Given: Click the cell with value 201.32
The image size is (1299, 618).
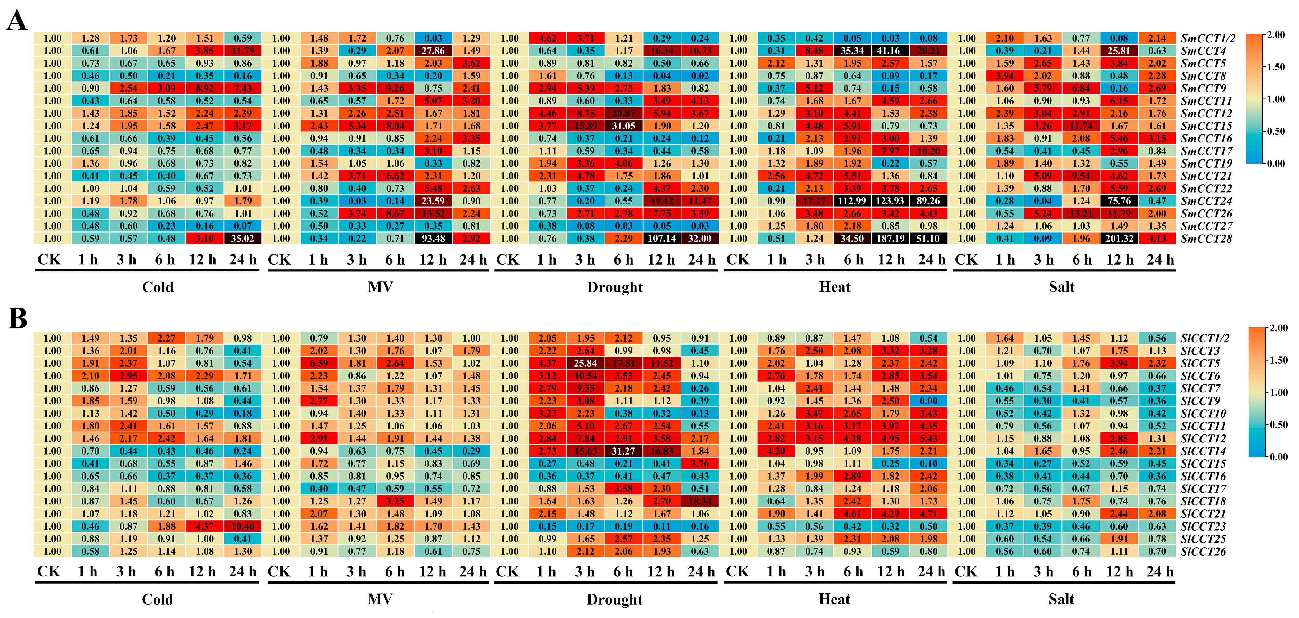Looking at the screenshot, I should pos(1119,239).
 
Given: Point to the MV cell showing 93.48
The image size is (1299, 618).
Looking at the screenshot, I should pos(433,239).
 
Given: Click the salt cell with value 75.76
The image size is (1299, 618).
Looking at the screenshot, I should pos(1119,201).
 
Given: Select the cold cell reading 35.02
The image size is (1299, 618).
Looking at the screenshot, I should pos(243,239).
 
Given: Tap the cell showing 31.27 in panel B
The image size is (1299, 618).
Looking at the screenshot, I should pos(624,451).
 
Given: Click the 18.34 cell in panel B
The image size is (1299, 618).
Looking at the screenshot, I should pos(700,501).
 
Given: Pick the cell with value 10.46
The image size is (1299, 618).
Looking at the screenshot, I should pos(243,526).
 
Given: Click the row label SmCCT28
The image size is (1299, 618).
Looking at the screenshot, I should pos(1206,239).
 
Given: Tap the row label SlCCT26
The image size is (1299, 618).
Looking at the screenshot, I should pos(1203,551).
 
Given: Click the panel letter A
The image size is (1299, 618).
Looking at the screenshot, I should pos(17,21).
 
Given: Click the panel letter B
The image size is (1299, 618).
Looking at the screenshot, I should pos(18,319).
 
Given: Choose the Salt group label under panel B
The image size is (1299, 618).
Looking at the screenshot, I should pos(1061,599).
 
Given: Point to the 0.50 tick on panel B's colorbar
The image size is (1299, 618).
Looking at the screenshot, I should pos(1278,425).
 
